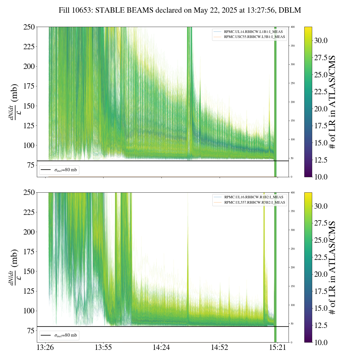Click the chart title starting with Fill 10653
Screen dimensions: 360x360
[180, 10]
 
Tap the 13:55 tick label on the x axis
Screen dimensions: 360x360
[103, 348]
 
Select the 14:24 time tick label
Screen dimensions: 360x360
[161, 348]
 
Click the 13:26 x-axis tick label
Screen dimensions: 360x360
[45, 348]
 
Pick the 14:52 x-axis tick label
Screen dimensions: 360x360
[219, 348]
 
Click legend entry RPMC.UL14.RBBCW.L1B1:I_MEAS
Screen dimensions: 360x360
[253, 32]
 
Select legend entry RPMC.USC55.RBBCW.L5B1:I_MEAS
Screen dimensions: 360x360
[254, 37]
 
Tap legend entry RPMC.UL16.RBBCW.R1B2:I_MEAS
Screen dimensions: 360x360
[253, 197]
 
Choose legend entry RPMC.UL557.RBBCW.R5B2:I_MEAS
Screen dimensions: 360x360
[255, 202]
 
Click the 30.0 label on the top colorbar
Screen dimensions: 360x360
[321, 40]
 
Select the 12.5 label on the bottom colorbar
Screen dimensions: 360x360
[321, 325]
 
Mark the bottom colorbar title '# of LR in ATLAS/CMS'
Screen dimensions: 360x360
[333, 267]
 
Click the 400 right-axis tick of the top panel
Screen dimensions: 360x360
[293, 27]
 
